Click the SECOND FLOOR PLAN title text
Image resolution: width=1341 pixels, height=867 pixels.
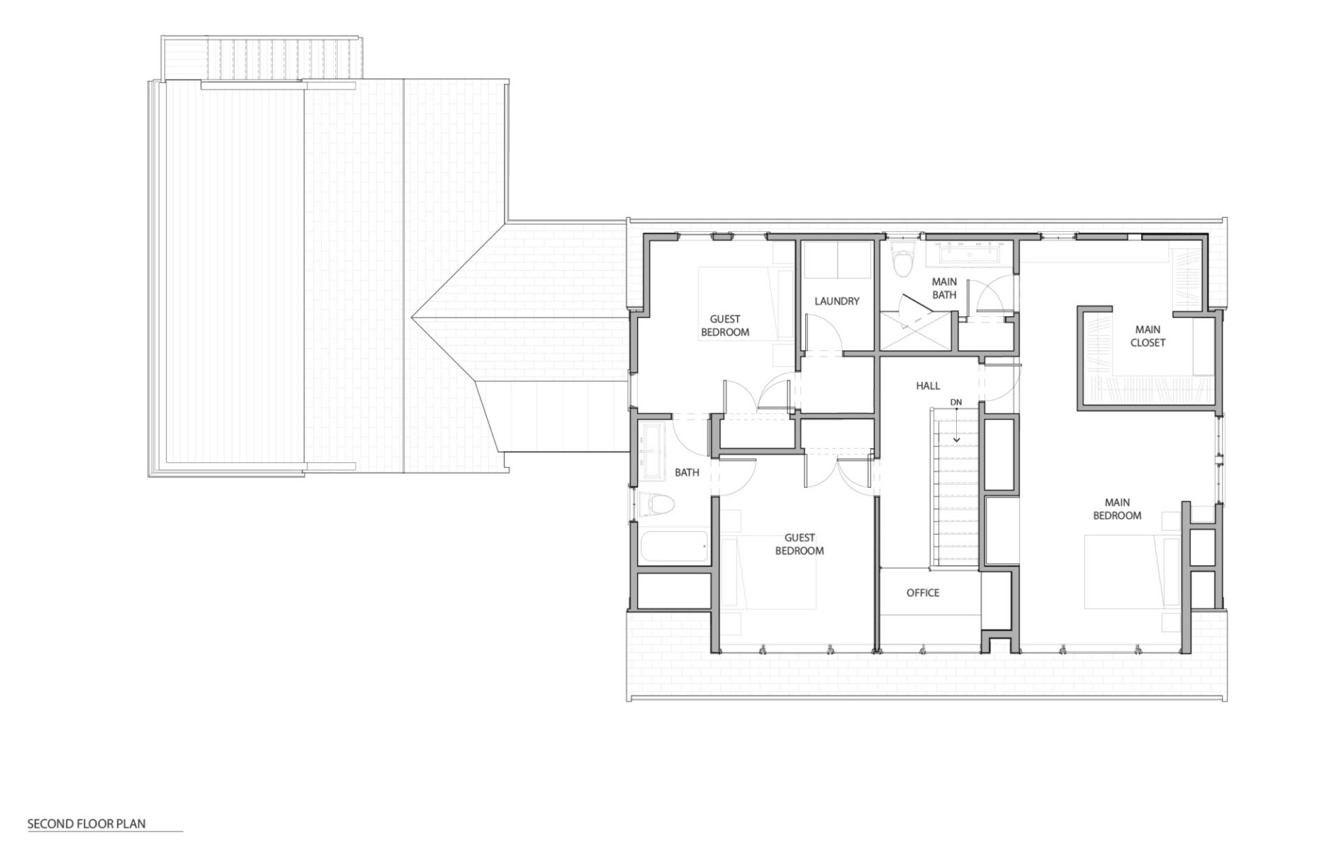87,824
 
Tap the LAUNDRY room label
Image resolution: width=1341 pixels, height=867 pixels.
837,302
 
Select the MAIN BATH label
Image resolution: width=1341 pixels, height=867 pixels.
944,288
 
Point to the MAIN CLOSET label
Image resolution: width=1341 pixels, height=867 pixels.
1148,336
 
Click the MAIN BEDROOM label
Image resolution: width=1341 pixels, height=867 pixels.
1117,509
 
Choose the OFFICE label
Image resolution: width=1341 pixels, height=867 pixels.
923,593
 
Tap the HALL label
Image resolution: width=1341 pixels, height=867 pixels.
928,385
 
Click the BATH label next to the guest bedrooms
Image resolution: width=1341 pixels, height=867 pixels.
687,473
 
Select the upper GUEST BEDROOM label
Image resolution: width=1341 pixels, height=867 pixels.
725,326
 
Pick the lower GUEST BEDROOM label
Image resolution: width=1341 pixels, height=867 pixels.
800,544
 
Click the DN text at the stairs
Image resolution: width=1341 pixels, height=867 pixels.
956,402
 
